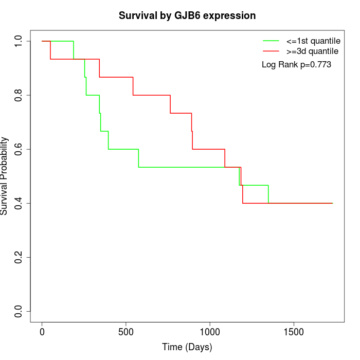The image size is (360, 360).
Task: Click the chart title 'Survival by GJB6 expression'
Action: tap(187, 16)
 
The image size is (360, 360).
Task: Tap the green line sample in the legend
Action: tap(271, 41)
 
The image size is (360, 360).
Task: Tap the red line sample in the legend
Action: tap(271, 51)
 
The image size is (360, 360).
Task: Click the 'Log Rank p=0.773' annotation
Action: tap(296, 65)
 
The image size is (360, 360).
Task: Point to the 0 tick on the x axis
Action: tap(42, 332)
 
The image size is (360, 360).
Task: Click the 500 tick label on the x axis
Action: tap(126, 332)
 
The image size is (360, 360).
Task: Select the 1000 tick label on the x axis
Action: tap(210, 332)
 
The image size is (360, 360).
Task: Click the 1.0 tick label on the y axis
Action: tap(19, 41)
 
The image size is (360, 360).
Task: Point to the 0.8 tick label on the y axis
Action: tap(19, 95)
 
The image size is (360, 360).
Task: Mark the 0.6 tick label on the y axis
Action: tap(19, 149)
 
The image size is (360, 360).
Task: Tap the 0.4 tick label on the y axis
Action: tap(19, 203)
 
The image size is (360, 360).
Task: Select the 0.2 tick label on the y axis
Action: tap(19, 257)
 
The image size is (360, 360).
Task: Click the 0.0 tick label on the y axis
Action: tap(19, 311)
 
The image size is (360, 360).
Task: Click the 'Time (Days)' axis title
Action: tap(187, 347)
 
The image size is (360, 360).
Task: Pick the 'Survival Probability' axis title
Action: tap(5, 176)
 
